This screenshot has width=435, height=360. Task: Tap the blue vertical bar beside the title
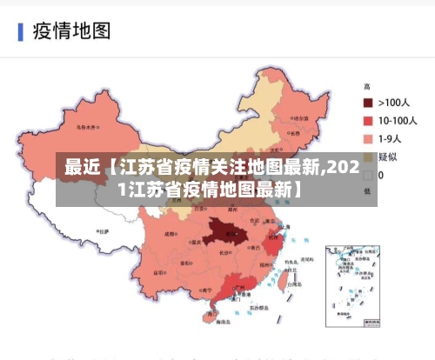pos(20,32)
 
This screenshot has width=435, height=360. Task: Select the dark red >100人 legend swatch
pos(368,103)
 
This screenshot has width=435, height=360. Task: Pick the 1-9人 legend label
pos(391,138)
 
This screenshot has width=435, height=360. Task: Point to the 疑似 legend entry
pos(387,157)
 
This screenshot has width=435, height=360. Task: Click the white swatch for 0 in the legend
pos(368,174)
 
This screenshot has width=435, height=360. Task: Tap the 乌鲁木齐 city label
pos(86,127)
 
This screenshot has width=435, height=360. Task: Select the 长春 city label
pos(295,133)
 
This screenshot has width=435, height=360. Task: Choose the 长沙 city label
pos(224,253)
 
